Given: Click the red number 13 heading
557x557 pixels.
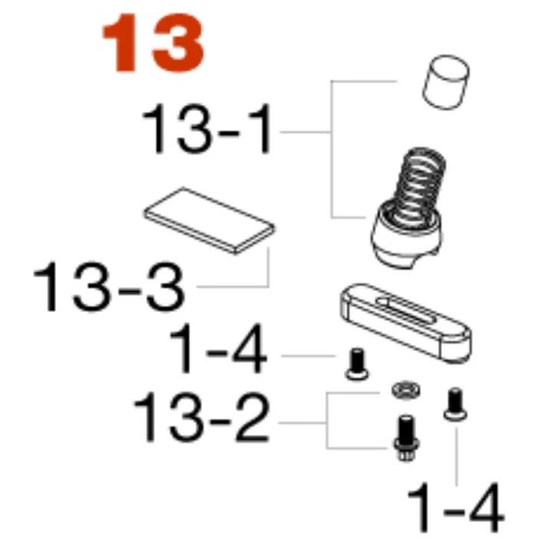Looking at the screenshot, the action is (x=153, y=44).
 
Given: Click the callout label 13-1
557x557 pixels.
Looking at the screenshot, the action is (x=208, y=129).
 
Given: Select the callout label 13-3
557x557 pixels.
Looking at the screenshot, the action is (x=110, y=287).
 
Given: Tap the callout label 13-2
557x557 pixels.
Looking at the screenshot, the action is (x=202, y=417).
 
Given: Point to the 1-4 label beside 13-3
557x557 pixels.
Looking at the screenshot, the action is (x=218, y=349).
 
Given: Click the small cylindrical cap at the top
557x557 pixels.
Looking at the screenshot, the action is (x=445, y=82).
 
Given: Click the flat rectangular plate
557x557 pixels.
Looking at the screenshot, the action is (x=209, y=221).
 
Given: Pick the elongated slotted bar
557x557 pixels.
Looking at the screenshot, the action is (x=406, y=323).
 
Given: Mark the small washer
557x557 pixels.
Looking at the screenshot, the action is (x=405, y=390).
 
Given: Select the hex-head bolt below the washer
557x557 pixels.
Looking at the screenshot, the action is (x=406, y=437).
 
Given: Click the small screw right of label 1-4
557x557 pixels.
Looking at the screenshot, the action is (x=357, y=365).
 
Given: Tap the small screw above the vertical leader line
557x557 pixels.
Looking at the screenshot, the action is (x=455, y=405).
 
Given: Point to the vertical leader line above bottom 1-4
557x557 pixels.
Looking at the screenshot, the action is (x=456, y=457).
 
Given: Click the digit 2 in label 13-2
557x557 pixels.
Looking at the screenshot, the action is (x=249, y=417).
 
